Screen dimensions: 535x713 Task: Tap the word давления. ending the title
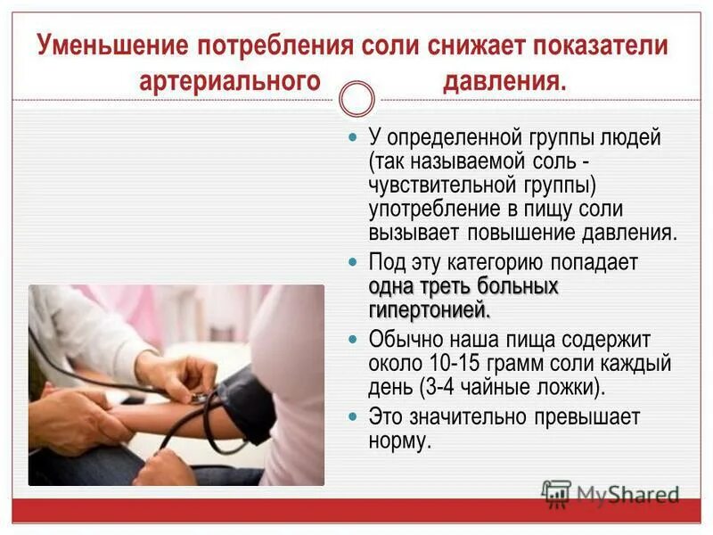coord(504,81)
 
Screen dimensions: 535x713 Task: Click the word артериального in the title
coord(229,81)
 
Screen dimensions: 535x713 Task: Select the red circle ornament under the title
coord(357,99)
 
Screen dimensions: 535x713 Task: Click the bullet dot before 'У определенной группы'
coord(351,139)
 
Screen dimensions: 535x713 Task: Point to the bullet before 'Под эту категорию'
coord(351,263)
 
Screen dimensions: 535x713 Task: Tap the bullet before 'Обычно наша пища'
coord(351,341)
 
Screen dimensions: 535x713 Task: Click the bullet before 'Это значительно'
coord(351,417)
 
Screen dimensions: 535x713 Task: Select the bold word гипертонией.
coord(429,310)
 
